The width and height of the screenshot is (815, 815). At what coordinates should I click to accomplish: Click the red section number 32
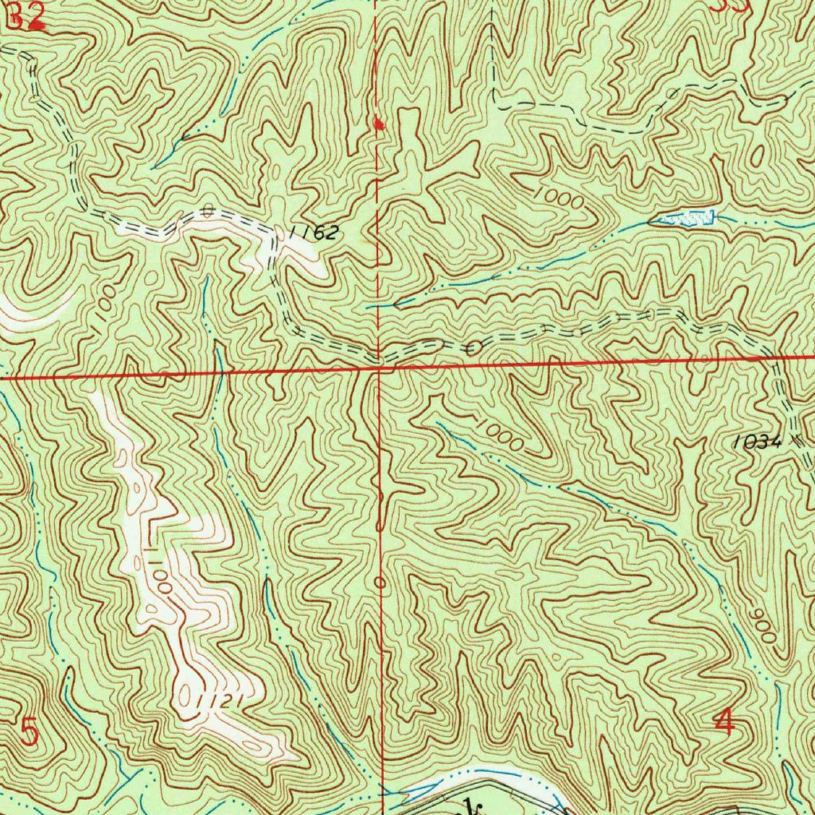point(25,17)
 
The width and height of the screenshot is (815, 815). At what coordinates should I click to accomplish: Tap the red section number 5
point(29,731)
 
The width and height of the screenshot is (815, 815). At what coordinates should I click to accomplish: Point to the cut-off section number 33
point(729,6)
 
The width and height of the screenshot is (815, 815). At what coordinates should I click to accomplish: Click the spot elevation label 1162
point(315,233)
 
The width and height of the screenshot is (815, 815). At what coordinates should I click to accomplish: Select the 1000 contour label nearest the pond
point(559,197)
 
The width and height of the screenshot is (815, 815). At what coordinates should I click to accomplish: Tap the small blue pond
point(685,216)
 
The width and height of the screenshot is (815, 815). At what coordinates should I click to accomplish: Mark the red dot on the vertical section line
point(379,123)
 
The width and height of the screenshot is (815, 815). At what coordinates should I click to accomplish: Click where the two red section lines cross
point(380,368)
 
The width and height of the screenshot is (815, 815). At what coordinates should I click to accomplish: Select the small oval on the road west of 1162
point(208,211)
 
